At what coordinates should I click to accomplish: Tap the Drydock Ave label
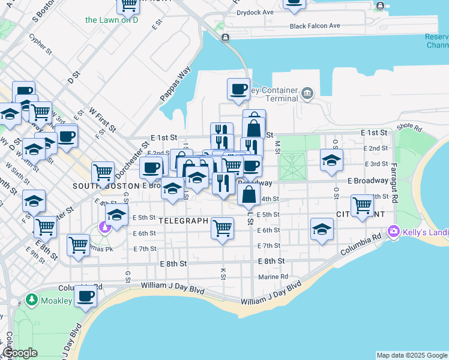tap(255, 12)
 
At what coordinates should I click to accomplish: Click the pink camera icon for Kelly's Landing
tap(394, 230)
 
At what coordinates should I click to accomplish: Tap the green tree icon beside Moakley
tap(31, 299)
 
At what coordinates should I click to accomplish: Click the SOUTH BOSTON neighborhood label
tap(106, 186)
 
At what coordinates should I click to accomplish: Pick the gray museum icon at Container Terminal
tap(307, 92)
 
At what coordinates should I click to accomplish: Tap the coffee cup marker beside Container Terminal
tap(238, 89)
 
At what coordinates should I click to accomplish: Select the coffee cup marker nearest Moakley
tap(86, 296)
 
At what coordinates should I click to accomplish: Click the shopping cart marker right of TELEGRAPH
tap(222, 228)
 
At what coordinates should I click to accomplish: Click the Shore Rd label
tap(409, 128)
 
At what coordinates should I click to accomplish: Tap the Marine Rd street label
tap(273, 277)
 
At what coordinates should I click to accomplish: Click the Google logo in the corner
tap(20, 353)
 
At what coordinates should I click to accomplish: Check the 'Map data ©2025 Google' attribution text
tap(411, 355)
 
